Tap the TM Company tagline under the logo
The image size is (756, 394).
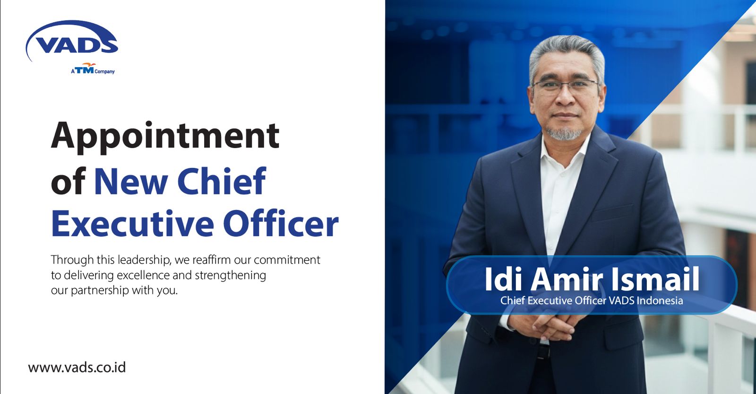93,70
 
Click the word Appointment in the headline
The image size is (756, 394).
165,136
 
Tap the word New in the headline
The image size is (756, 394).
130,181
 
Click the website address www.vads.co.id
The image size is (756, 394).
77,368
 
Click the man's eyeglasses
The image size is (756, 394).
565,86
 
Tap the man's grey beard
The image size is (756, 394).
566,133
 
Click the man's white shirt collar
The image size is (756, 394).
562,151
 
